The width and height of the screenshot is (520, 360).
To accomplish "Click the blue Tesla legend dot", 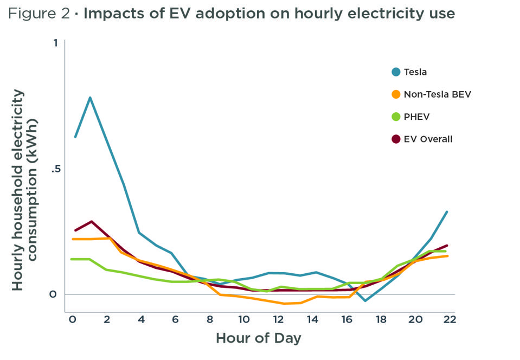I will click(396, 72).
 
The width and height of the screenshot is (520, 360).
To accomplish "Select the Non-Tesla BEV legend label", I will click(438, 94).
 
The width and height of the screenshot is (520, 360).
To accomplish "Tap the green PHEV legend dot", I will click(396, 117).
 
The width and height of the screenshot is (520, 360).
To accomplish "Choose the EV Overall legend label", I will click(428, 139).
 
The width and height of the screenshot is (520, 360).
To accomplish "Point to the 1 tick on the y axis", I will click(55, 43).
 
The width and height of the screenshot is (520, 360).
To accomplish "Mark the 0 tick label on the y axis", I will click(54, 294).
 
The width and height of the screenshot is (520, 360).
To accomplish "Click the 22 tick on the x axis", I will click(449, 319).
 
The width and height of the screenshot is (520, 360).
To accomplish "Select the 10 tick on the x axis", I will click(244, 319).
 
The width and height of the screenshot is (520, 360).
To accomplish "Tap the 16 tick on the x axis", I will click(346, 319).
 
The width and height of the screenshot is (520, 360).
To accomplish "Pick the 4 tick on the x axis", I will click(141, 319).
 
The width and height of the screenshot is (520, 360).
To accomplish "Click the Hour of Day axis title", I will click(258, 338).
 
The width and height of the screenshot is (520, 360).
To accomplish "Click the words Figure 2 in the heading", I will click(39, 14).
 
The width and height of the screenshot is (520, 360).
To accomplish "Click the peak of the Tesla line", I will click(90, 98).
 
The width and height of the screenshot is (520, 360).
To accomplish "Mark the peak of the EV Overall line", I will click(92, 221).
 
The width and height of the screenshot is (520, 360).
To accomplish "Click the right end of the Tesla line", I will click(447, 212).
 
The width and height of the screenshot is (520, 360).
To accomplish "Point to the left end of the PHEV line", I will click(72, 259).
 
